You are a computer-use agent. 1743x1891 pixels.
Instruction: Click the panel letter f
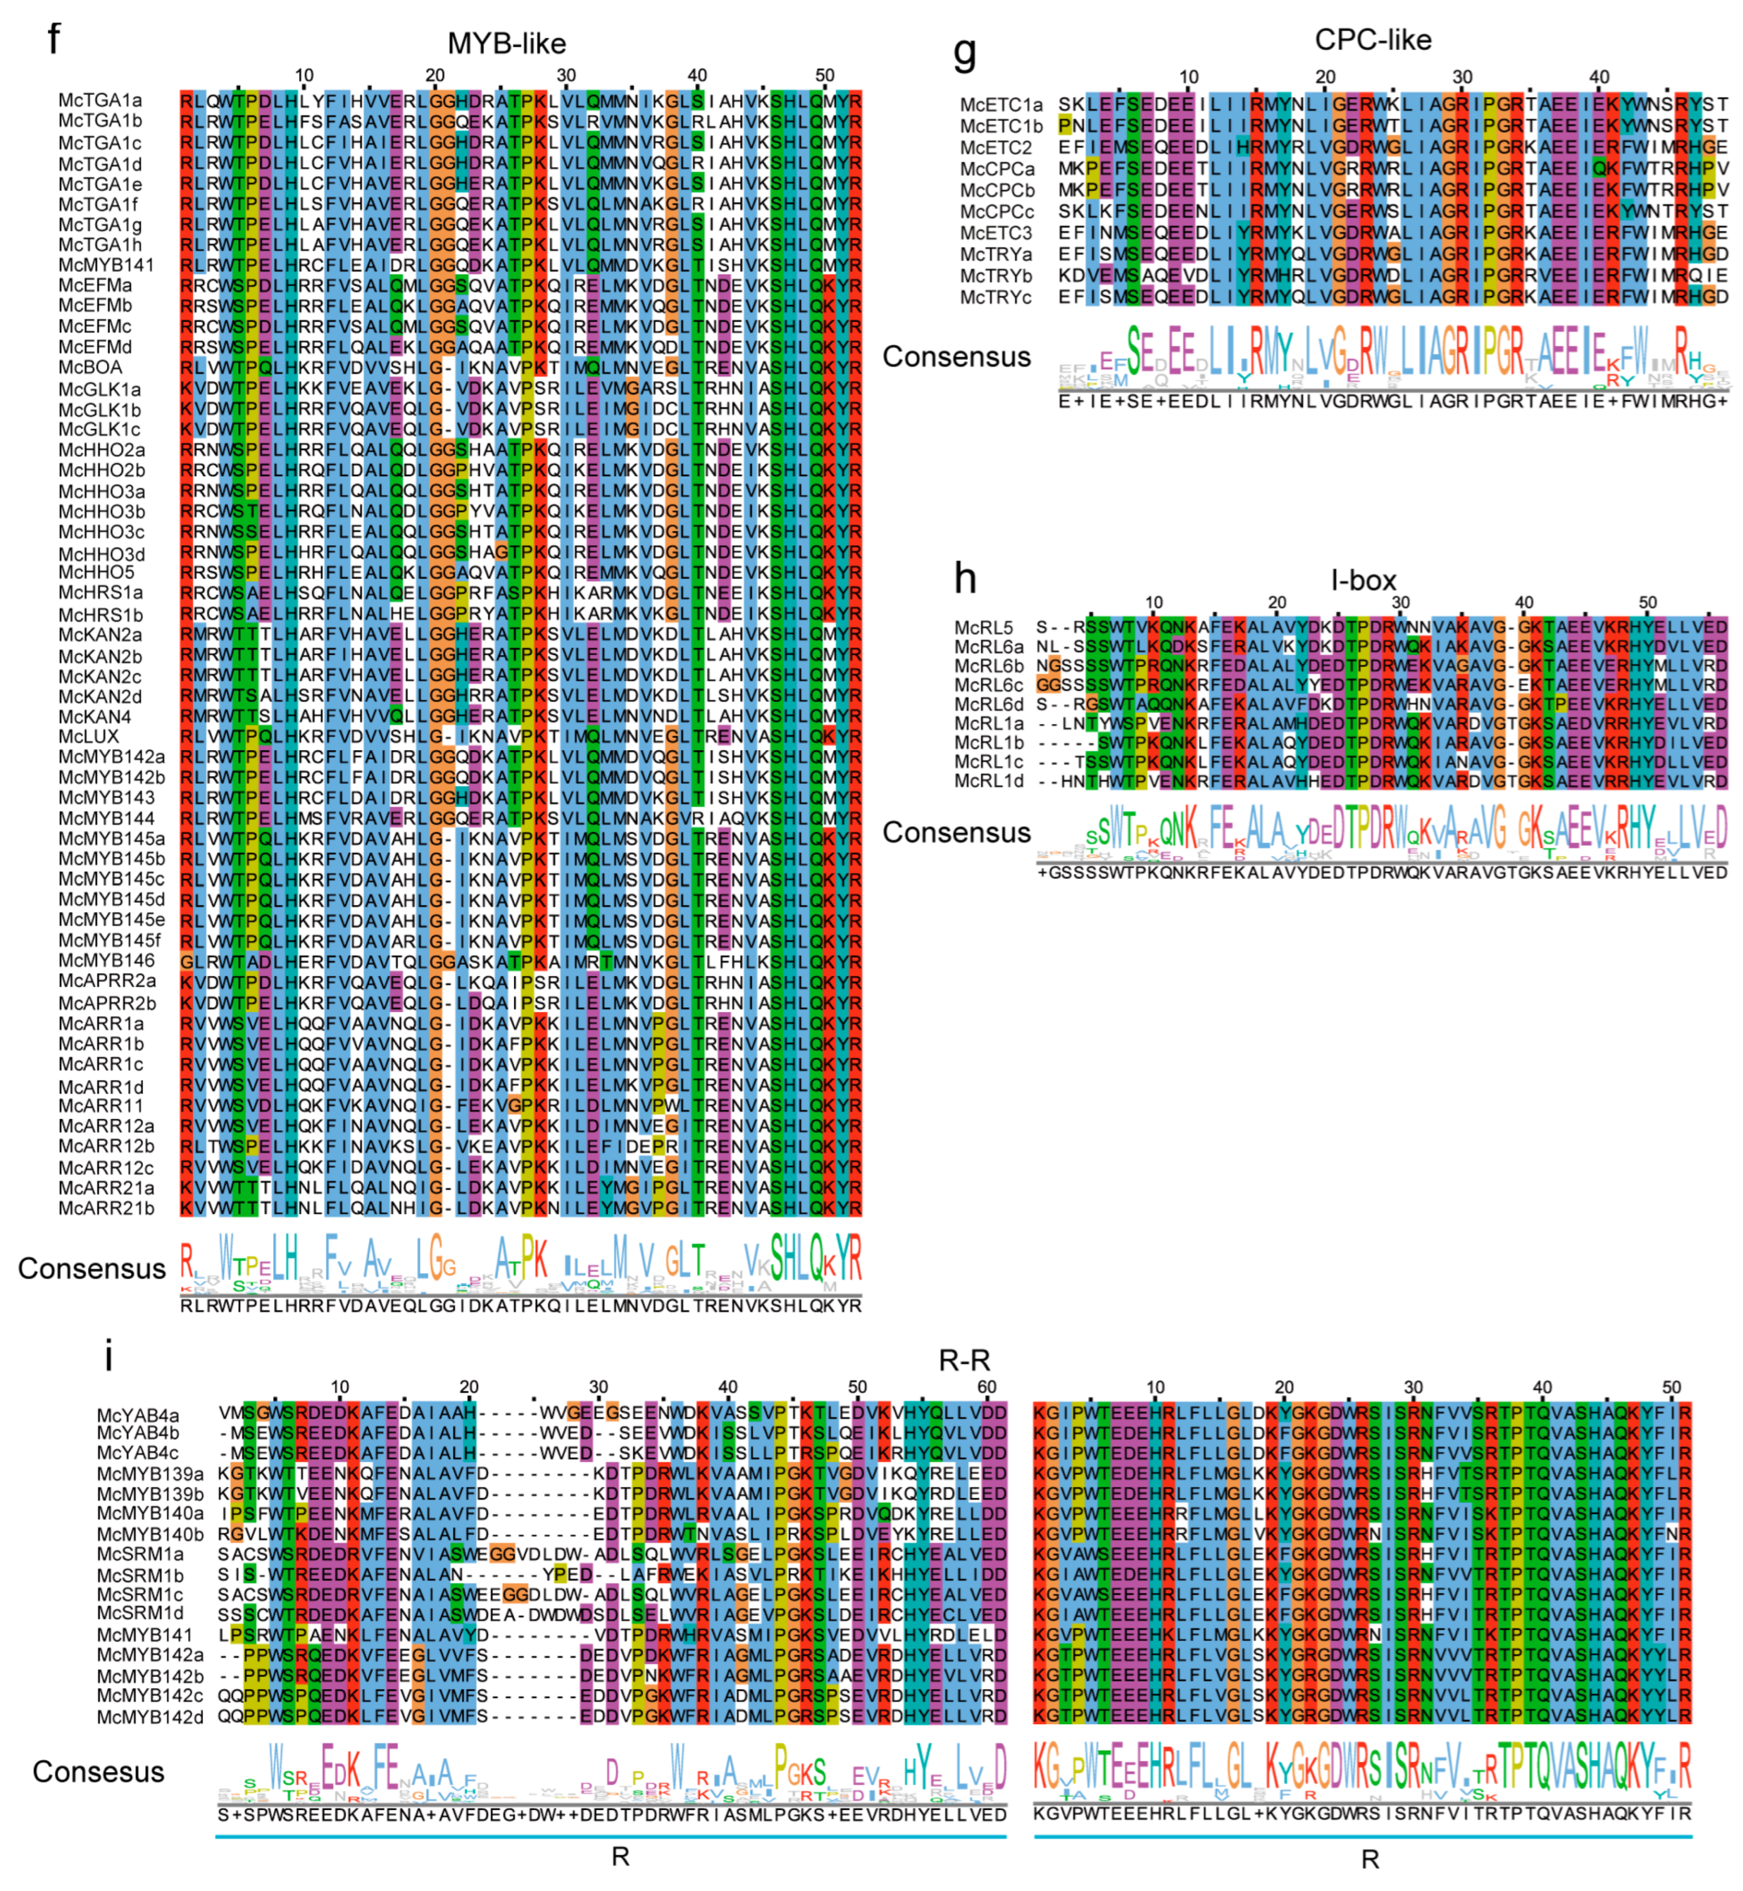point(55,39)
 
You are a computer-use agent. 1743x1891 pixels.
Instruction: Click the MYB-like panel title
point(506,43)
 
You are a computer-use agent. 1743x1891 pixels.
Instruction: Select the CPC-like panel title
point(1373,39)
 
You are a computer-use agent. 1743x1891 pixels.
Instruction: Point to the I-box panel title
point(1363,580)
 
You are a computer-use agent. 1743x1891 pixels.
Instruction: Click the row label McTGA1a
point(101,100)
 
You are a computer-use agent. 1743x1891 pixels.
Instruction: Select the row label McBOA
point(90,367)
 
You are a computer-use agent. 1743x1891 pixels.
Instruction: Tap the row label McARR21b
point(107,1208)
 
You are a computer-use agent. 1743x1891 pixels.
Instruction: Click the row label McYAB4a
point(138,1415)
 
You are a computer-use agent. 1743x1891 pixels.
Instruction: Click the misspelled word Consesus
point(98,1772)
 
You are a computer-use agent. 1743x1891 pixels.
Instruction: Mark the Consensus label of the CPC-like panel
point(956,357)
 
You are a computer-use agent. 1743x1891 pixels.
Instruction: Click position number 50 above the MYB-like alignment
point(824,75)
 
